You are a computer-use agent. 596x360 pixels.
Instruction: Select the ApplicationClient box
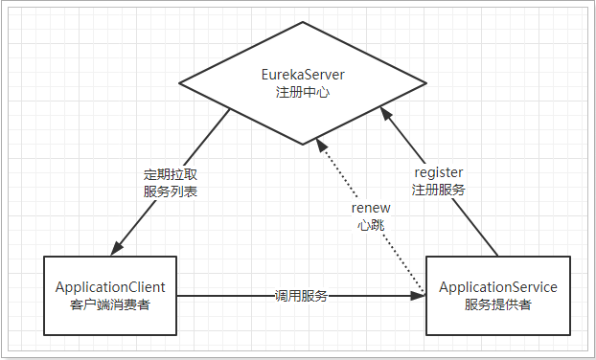111,295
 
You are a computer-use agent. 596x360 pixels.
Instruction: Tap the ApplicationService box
497,295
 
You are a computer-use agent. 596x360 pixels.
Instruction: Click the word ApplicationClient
111,286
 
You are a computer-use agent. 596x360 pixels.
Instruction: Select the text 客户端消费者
111,304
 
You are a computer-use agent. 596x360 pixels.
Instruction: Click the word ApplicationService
497,286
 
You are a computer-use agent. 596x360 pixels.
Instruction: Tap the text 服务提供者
497,304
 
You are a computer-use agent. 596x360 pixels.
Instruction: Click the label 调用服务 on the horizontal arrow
302,296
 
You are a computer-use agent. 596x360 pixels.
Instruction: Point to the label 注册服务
439,190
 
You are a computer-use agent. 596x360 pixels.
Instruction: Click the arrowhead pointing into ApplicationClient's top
118,249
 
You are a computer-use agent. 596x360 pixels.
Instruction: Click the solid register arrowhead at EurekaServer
385,115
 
